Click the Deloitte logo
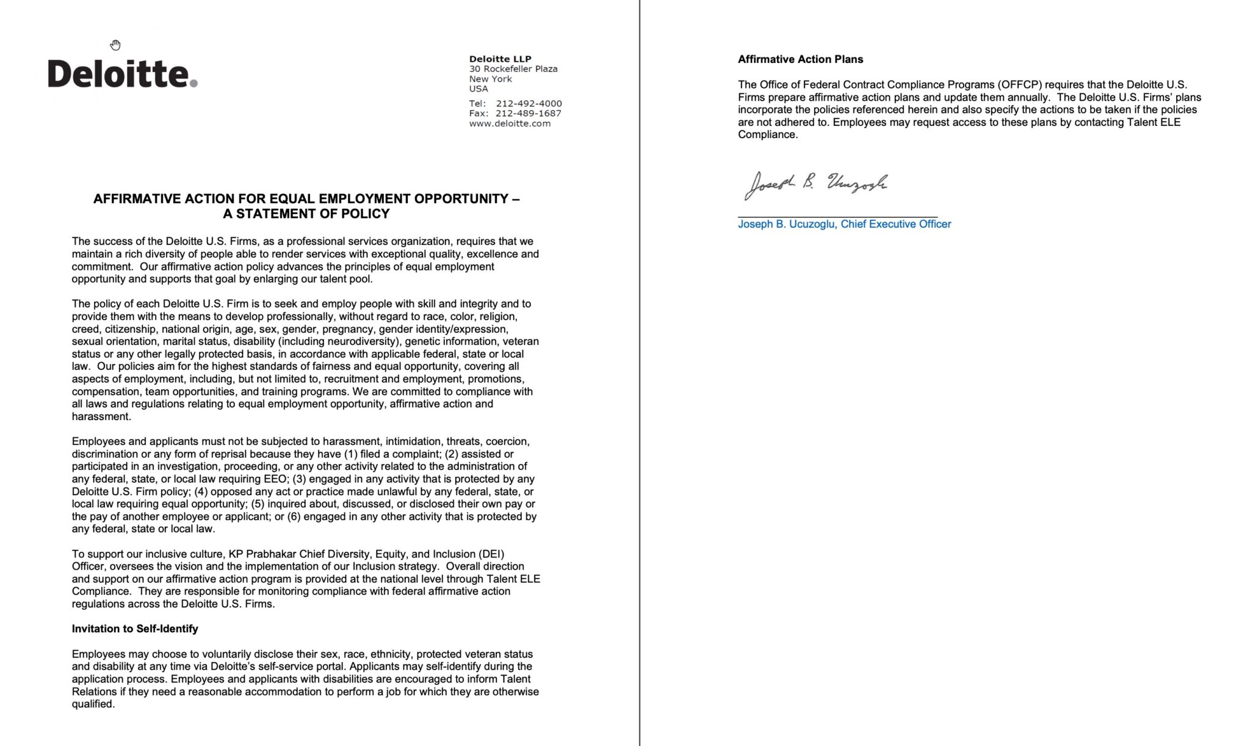click(122, 74)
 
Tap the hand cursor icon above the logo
click(115, 45)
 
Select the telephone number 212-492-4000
click(529, 103)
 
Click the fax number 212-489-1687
click(528, 113)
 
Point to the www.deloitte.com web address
click(510, 123)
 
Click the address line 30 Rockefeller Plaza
click(513, 69)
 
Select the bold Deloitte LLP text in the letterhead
click(500, 59)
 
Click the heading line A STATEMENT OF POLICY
click(306, 214)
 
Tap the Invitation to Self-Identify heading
click(135, 629)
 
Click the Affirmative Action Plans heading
click(800, 59)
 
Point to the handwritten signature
click(815, 184)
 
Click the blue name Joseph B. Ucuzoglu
click(786, 224)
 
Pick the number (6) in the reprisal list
click(294, 516)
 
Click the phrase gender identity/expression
click(443, 329)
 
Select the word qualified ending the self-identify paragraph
click(93, 704)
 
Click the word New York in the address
click(490, 79)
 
